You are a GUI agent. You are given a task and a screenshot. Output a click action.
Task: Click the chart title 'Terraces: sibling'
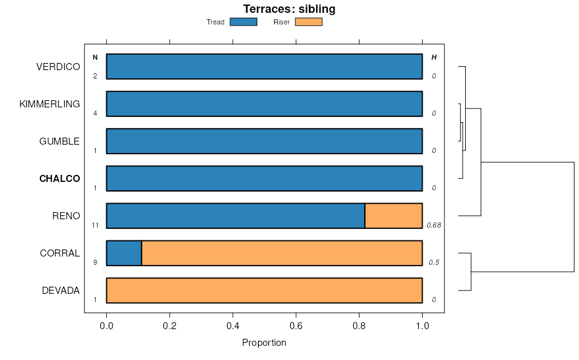(x=289, y=9)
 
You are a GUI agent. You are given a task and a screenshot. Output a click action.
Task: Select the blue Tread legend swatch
(x=243, y=22)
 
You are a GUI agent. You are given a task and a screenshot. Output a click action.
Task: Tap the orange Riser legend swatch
(x=308, y=22)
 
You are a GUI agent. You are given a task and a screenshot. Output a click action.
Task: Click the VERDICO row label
(x=58, y=67)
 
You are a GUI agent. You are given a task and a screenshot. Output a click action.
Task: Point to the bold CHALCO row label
(x=60, y=179)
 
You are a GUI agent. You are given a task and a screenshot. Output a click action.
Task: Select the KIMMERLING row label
(x=50, y=104)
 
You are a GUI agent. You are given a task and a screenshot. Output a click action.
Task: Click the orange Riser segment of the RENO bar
(x=393, y=216)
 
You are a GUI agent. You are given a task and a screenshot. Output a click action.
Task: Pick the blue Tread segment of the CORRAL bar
(x=124, y=253)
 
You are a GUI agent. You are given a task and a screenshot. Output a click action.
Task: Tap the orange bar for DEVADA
(x=264, y=291)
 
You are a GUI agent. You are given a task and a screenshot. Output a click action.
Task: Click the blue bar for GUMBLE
(x=264, y=141)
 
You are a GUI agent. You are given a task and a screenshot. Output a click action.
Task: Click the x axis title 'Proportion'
(x=264, y=343)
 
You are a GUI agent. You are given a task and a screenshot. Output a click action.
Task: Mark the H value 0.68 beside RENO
(x=433, y=226)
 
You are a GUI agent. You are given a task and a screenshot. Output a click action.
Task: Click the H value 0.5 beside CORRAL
(x=434, y=263)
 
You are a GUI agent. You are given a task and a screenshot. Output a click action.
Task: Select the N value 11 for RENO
(x=95, y=226)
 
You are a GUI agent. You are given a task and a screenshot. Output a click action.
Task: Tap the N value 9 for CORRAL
(x=95, y=263)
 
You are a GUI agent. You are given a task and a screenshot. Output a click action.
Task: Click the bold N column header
(x=95, y=58)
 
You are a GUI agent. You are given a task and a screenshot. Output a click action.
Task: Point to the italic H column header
(x=434, y=58)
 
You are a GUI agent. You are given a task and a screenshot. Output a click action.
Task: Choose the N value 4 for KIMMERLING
(x=95, y=114)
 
